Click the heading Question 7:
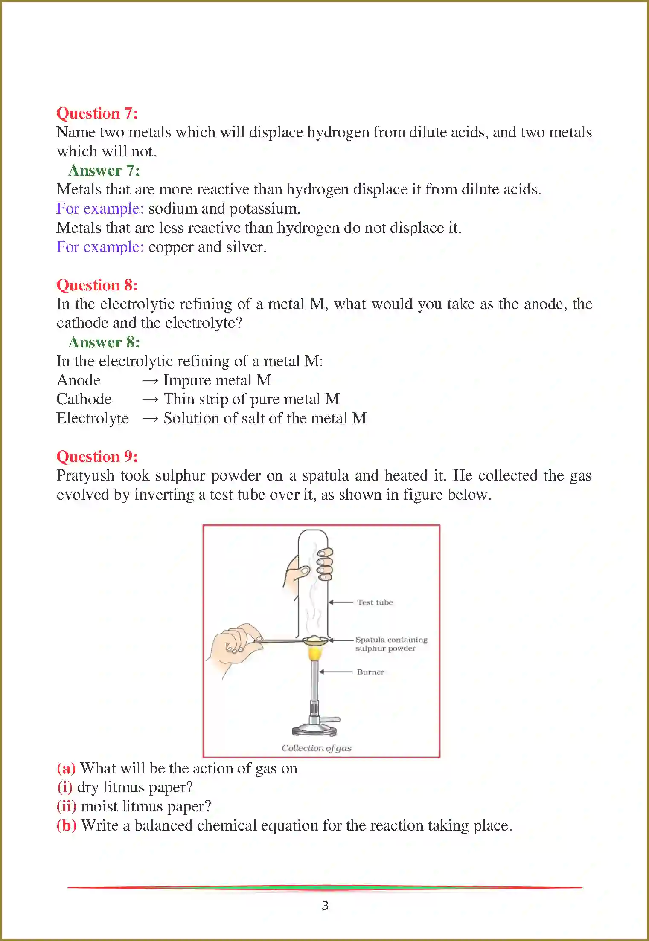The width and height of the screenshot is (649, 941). tap(97, 113)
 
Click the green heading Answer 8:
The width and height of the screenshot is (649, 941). tap(104, 342)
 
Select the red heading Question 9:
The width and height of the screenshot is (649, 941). tap(97, 457)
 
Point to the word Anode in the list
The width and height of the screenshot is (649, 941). tap(79, 380)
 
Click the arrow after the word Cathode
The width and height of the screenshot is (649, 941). tap(150, 400)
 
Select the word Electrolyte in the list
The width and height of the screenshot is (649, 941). tap(92, 419)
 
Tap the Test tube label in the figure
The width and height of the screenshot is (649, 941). tap(375, 602)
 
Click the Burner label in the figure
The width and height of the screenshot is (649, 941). tap(370, 672)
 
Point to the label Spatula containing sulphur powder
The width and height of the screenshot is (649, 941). tap(390, 644)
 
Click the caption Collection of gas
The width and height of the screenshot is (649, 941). tap(316, 748)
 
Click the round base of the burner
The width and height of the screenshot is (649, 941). tap(314, 730)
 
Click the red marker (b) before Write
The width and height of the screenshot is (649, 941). tap(66, 825)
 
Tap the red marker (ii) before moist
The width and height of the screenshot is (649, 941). tap(66, 806)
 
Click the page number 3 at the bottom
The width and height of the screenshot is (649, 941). tap(325, 906)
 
